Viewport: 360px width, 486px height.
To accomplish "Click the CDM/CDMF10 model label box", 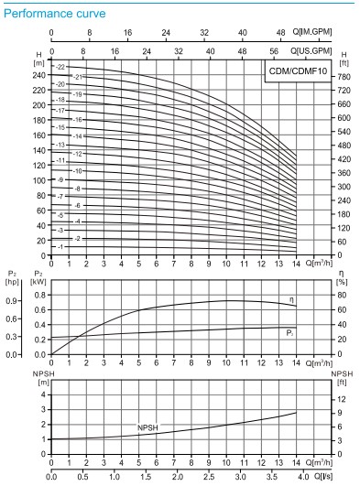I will [297, 70].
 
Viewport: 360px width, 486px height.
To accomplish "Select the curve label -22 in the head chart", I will [61, 69].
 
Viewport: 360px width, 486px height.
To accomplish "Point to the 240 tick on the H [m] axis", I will [38, 75].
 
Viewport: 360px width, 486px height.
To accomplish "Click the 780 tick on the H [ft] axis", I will [342, 77].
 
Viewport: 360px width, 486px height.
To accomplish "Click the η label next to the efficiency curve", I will [291, 300].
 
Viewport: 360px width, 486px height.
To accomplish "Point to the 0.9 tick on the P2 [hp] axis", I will [16, 299].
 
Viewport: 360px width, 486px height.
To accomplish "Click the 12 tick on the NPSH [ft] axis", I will [341, 400].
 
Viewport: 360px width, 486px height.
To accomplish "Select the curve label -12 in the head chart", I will [78, 154].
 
